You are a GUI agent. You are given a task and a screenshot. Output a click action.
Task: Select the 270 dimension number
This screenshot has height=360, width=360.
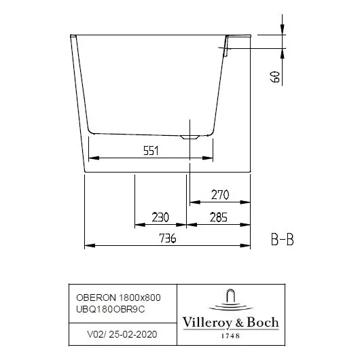(219, 195)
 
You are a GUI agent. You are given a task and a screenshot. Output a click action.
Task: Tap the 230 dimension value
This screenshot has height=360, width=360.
(160, 217)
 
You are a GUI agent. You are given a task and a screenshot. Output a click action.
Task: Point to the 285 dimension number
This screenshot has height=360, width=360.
(218, 217)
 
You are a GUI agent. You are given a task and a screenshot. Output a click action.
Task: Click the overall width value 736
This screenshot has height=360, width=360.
(166, 238)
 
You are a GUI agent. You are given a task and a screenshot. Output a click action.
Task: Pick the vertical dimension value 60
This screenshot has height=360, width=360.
(275, 75)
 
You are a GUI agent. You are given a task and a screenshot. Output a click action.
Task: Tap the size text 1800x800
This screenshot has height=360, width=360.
(139, 297)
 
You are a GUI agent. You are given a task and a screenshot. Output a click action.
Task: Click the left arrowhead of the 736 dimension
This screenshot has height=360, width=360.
(86, 245)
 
